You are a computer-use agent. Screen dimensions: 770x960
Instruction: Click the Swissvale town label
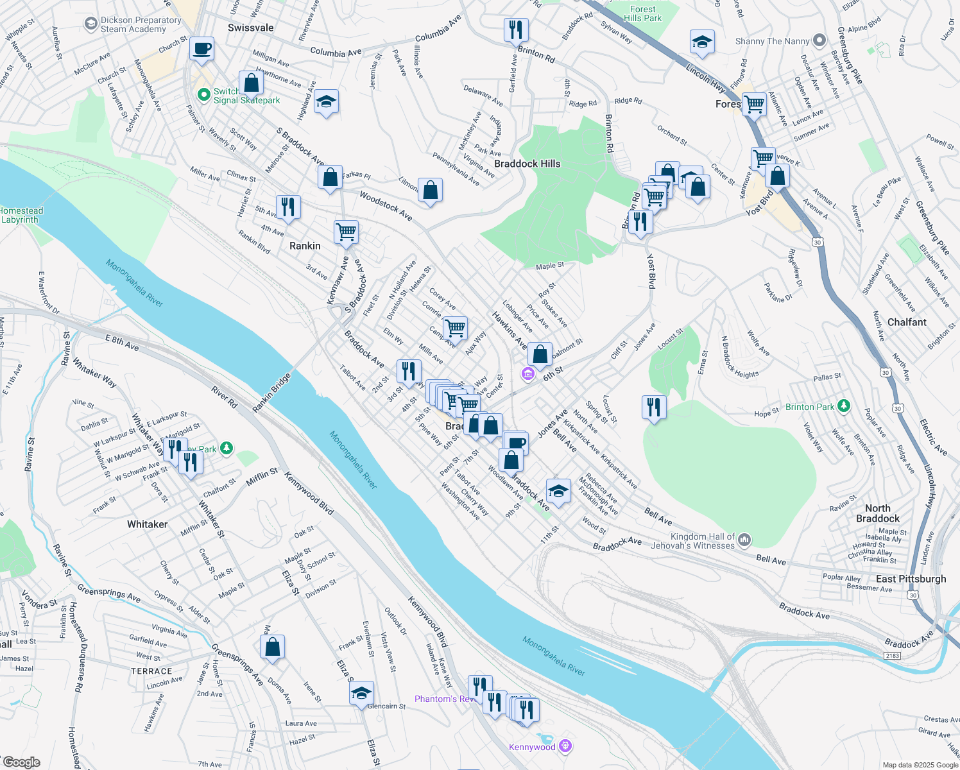250,28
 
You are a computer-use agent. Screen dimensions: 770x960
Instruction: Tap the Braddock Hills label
527,164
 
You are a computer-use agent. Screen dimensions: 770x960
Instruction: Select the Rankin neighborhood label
305,246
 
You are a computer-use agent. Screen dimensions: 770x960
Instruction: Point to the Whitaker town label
147,524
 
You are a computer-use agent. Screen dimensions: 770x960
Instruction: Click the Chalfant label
907,322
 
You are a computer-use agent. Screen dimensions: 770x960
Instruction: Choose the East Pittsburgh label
911,579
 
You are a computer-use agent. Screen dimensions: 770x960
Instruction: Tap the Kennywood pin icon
565,746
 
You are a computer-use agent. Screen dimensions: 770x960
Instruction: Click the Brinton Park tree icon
844,406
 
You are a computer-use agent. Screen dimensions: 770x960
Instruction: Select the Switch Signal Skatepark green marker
204,95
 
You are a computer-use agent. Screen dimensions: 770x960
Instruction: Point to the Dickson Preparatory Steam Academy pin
90,24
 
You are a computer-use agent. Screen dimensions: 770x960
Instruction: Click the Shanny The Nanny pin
819,40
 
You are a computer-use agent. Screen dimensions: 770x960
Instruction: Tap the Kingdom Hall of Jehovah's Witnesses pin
744,540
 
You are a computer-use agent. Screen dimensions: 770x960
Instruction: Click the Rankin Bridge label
271,392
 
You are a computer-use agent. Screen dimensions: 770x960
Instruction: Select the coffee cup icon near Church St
201,49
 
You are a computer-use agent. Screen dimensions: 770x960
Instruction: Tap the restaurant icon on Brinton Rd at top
516,30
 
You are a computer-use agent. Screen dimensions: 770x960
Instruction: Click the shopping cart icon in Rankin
346,232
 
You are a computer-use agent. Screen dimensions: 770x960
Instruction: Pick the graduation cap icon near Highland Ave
326,101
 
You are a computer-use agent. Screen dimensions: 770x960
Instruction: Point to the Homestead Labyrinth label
21,215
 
